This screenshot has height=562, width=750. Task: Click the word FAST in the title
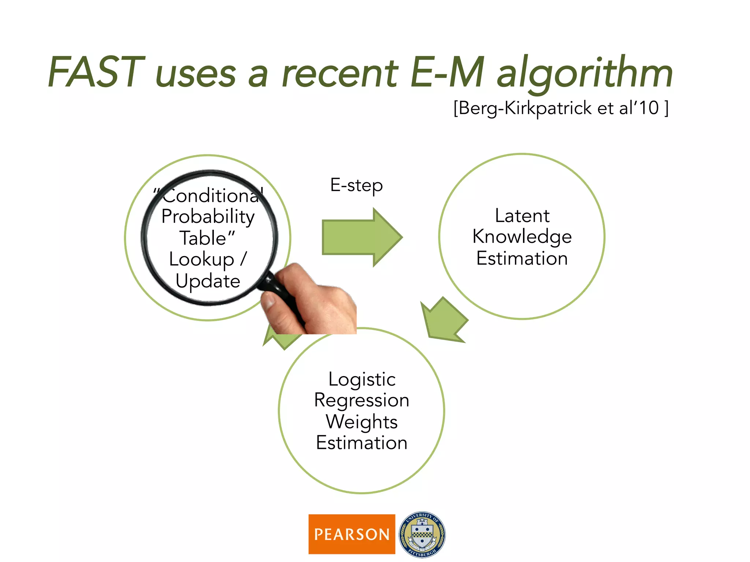[x=96, y=72]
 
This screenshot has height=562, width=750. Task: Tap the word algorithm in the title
[x=584, y=73]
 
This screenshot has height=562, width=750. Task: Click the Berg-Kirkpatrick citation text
[x=561, y=108]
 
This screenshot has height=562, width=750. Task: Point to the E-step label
[x=356, y=185]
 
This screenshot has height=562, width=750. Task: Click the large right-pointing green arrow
[x=361, y=237]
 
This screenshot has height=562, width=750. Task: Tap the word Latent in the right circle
[x=522, y=216]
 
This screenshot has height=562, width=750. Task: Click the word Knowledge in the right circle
[x=522, y=237]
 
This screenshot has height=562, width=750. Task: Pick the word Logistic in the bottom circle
[x=362, y=379]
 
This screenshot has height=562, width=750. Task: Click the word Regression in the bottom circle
[x=362, y=400]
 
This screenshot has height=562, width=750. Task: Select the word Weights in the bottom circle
[x=362, y=421]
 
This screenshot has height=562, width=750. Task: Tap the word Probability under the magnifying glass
[x=208, y=217]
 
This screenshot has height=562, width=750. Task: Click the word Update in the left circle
[x=208, y=281]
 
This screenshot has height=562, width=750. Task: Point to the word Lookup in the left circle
[x=201, y=259]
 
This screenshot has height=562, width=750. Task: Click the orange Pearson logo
[x=352, y=534]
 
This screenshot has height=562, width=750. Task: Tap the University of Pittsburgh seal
[x=422, y=534]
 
